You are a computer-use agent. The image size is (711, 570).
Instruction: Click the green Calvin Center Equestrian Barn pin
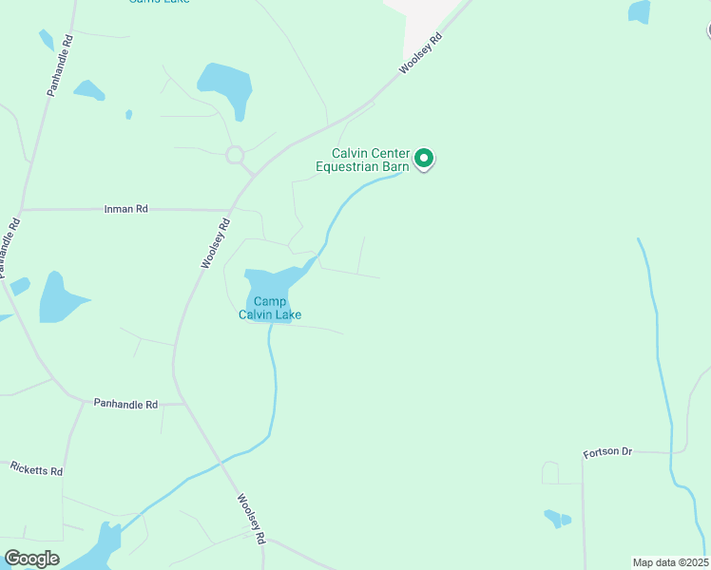(425, 159)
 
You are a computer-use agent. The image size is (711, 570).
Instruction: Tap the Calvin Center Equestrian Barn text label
(369, 160)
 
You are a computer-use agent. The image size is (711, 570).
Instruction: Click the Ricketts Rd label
(36, 468)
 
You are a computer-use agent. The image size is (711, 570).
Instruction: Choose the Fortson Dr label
(607, 451)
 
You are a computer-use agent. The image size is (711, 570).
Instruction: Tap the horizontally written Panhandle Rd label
(125, 404)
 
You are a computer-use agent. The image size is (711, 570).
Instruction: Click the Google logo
(31, 559)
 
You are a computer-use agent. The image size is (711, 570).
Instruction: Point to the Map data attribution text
(670, 562)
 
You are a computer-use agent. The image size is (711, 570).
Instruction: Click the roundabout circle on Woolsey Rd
(235, 154)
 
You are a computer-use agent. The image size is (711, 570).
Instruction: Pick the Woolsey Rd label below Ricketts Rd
(251, 518)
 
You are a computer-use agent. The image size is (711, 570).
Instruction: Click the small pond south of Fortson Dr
(556, 519)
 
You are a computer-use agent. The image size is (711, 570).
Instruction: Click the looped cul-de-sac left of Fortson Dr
(550, 471)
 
